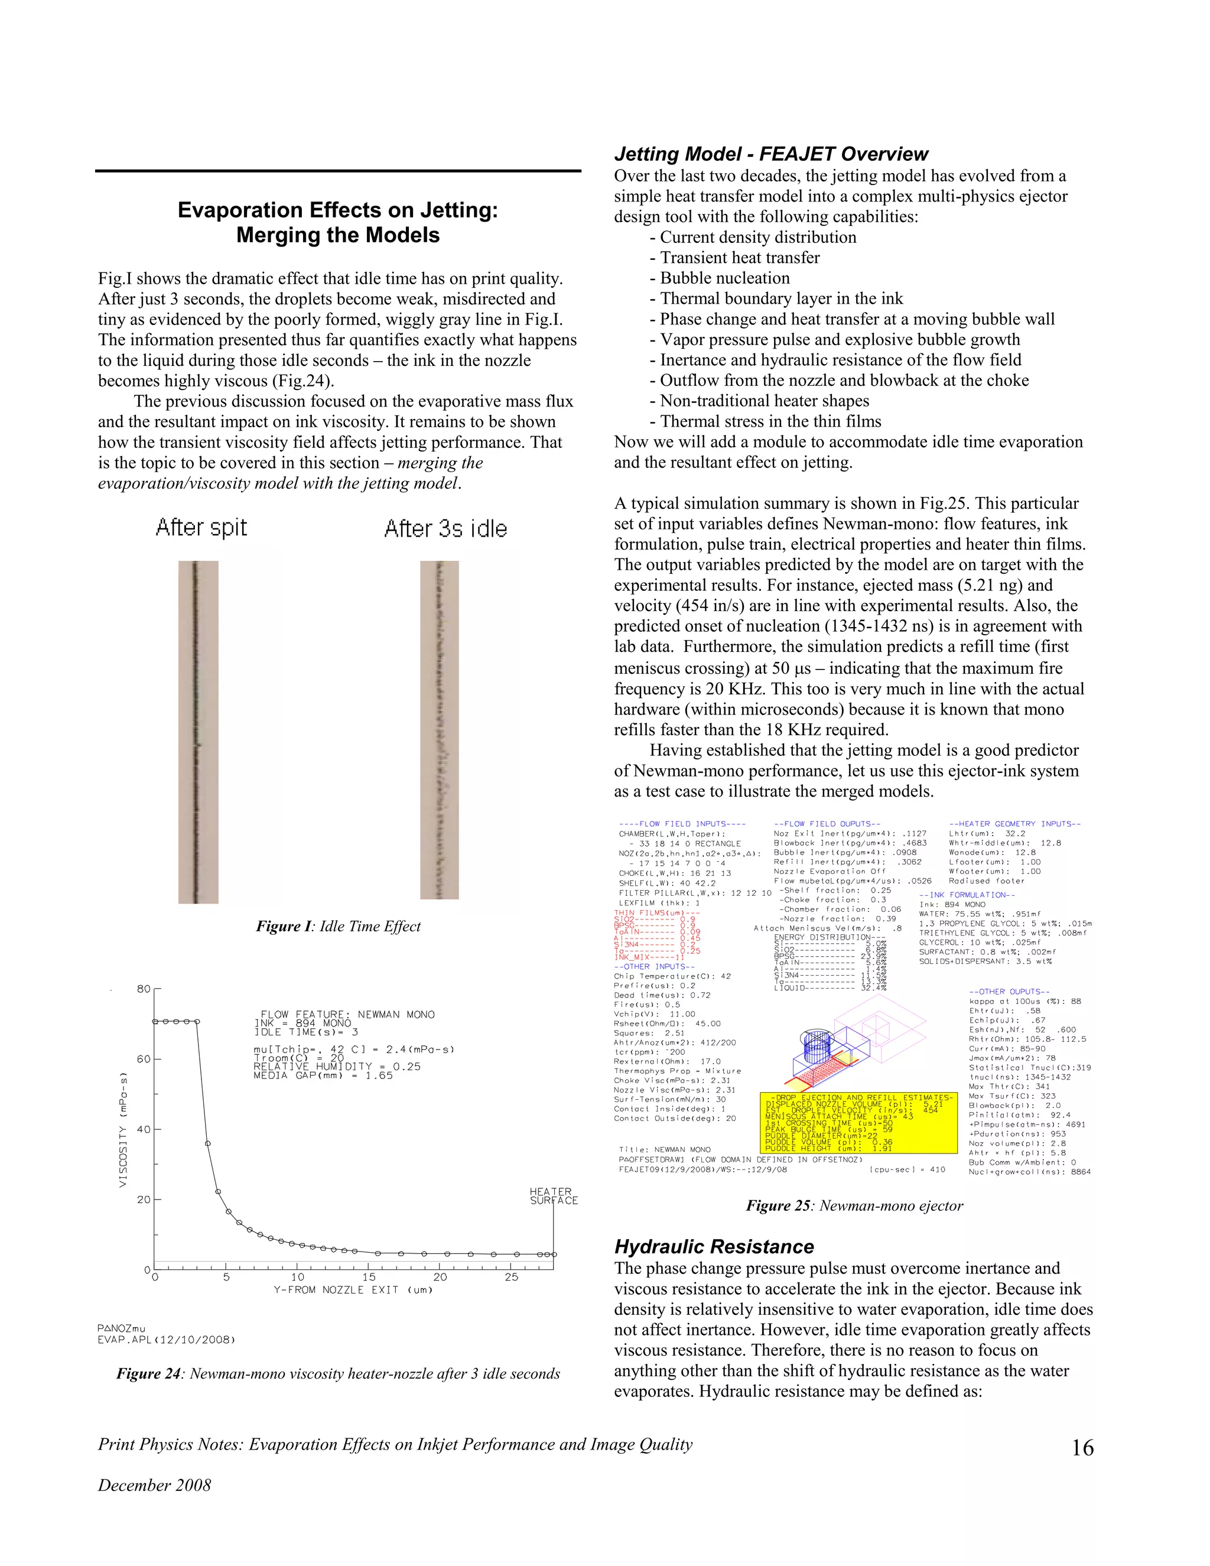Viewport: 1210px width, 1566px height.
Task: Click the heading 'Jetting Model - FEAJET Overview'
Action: tap(770, 154)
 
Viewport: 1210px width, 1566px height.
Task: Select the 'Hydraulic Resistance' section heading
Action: tap(714, 1246)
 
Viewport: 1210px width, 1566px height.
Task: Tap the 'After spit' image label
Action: tap(201, 528)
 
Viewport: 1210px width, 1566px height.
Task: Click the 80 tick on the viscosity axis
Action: tap(144, 989)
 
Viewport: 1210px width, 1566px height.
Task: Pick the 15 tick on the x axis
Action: tap(369, 1277)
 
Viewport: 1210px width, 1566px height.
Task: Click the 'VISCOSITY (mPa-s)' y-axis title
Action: tap(123, 1129)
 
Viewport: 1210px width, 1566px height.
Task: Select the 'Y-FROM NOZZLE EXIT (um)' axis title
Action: tap(353, 1290)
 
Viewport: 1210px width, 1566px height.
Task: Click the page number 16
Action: tap(1082, 1448)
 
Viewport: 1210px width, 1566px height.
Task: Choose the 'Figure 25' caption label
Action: tap(778, 1206)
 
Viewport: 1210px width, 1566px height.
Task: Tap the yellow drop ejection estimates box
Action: tap(858, 1123)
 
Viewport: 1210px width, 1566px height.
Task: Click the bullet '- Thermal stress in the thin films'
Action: tap(766, 421)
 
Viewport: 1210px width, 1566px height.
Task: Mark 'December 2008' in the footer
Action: tap(155, 1485)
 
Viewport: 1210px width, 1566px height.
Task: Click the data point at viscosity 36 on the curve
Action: tap(208, 1143)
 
